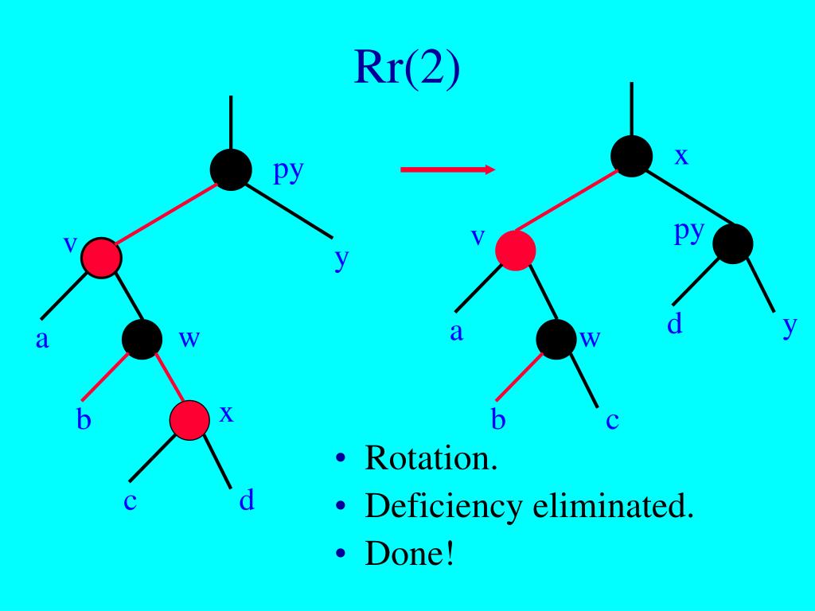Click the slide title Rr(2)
pos(407,70)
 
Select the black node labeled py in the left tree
pos(231,170)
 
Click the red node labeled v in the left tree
pos(102,257)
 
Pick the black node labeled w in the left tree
pos(142,339)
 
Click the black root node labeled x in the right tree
pos(632,155)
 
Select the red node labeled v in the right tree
pos(515,250)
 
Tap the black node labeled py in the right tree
pos(733,243)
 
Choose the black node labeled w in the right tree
pos(556,339)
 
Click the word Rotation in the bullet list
pos(431,459)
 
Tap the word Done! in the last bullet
pos(409,554)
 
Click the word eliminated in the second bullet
pos(613,506)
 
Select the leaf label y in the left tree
pos(341,259)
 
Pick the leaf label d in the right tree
pos(675,325)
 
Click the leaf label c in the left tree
pos(129,502)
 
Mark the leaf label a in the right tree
pos(456,332)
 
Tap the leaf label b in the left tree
pos(84,419)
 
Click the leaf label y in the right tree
pos(789,327)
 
